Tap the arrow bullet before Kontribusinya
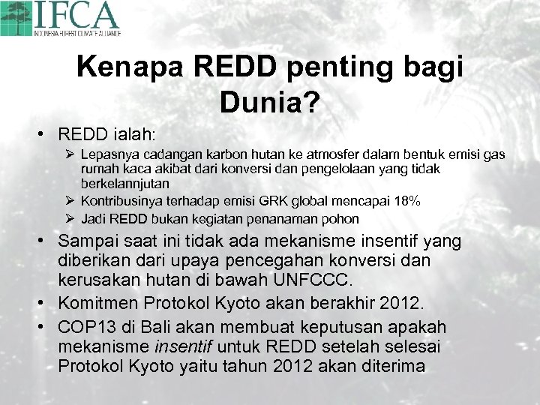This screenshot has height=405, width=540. [x=69, y=201]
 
